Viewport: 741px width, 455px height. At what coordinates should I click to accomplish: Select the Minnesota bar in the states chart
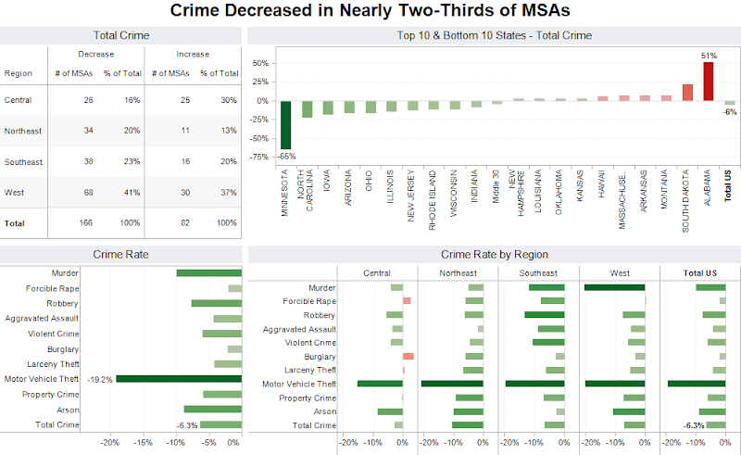286,124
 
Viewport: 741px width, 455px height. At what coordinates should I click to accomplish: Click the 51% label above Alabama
709,56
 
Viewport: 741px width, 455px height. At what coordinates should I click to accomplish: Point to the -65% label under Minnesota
286,156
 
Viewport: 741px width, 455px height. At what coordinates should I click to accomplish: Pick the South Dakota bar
687,92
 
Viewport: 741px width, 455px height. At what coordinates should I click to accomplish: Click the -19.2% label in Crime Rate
100,379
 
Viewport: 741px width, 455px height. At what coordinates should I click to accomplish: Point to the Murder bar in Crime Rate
208,272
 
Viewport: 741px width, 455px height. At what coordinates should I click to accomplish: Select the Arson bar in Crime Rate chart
212,410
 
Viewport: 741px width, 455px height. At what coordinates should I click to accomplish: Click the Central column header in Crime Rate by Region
377,273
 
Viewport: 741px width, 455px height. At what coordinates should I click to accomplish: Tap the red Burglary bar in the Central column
408,357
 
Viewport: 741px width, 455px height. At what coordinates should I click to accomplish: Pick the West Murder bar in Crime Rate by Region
614,287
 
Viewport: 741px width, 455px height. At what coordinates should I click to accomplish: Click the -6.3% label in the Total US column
693,425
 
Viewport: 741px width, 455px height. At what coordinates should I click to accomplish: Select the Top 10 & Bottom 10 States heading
493,36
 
